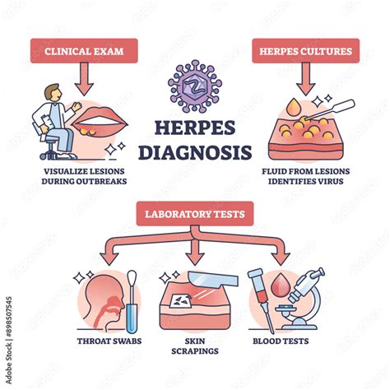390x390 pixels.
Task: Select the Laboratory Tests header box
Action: [194, 216]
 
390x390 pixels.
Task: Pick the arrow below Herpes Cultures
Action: [304, 78]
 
